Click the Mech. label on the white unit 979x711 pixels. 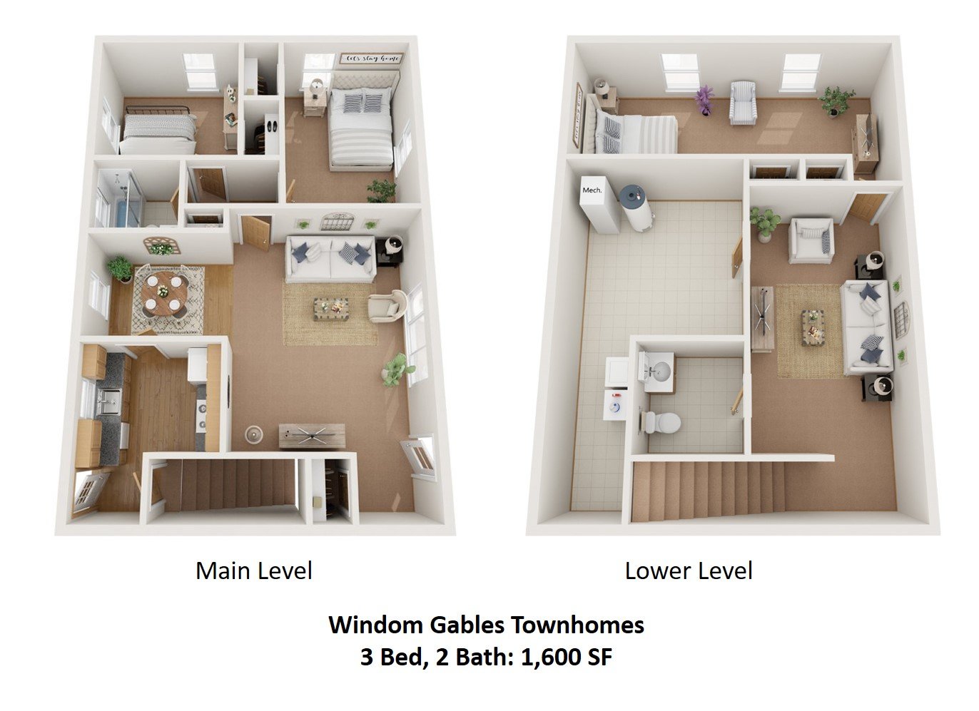[x=592, y=190]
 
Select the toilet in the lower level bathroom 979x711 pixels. [x=660, y=421]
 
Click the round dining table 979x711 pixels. [x=165, y=292]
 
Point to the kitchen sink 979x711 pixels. [x=109, y=402]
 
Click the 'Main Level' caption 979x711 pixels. [x=254, y=571]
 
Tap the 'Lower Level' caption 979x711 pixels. [x=689, y=571]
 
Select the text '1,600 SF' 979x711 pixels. [x=567, y=657]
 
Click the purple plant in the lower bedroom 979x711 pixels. [x=705, y=99]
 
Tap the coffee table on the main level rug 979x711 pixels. [x=331, y=308]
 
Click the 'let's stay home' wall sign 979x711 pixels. [x=371, y=58]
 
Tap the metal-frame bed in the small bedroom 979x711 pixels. [x=158, y=130]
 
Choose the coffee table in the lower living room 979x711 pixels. [x=811, y=327]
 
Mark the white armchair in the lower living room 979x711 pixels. [x=811, y=240]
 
